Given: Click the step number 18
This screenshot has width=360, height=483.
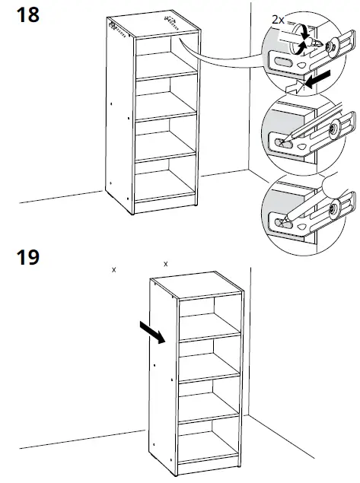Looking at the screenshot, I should (28, 15).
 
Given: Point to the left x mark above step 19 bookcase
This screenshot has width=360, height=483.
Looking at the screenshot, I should (113, 269).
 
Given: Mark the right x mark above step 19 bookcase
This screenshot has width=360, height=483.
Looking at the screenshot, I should (165, 264).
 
